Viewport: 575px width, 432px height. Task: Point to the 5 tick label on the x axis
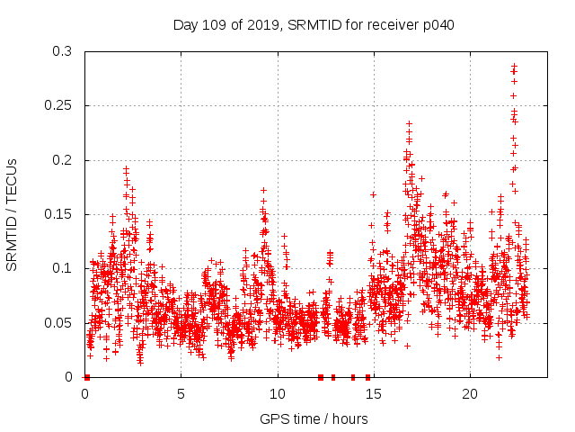point(181,394)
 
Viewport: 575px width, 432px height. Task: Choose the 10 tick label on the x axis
point(278,394)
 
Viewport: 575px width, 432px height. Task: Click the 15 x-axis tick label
point(374,394)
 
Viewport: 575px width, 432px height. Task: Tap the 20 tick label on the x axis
point(470,394)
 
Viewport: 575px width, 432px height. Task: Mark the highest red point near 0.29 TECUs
point(514,66)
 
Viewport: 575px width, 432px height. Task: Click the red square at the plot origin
point(86,376)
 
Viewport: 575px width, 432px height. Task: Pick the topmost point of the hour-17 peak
point(409,123)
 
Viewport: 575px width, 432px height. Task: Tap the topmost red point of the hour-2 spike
point(126,168)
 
